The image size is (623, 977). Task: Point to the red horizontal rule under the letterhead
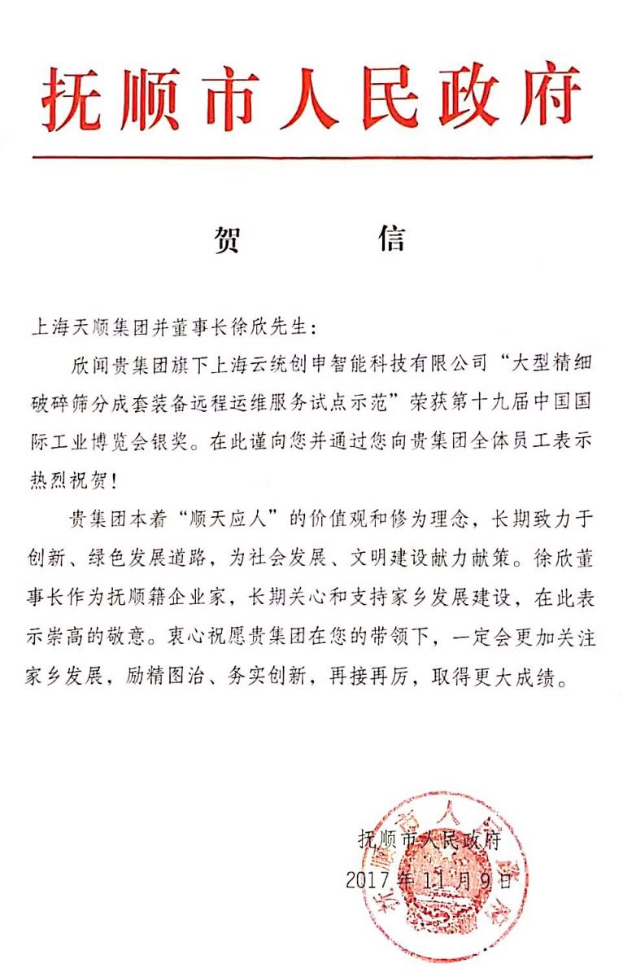point(312,156)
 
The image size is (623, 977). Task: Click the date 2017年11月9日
point(429,879)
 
